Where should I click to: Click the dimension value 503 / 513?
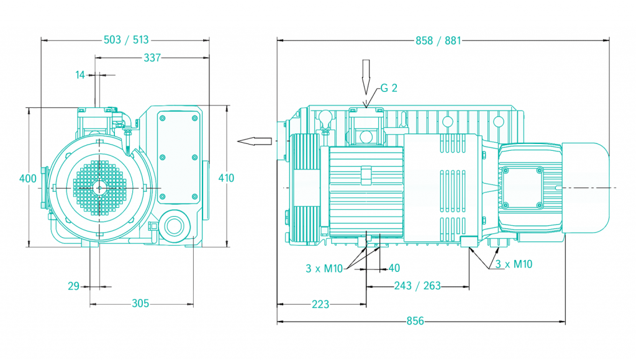pos(126,40)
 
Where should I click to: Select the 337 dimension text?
pos(152,58)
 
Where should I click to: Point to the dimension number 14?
pos(80,74)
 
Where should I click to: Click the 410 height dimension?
pos(226,178)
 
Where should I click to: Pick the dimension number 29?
pos(74,286)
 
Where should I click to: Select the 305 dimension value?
pos(141,304)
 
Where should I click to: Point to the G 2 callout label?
pos(389,88)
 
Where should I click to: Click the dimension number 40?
pos(394,268)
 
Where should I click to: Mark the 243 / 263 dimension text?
pos(417,286)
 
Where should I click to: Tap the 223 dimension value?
pos(320,304)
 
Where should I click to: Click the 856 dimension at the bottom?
pos(415,322)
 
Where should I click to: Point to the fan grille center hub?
pos(99,187)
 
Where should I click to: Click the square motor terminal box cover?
pos(523,187)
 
